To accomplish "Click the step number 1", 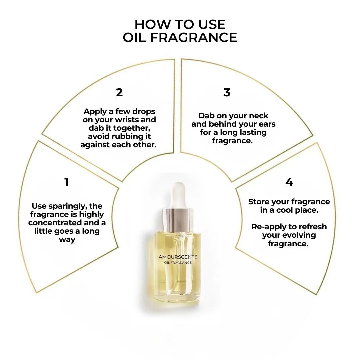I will click(x=67, y=182).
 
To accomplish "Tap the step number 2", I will click(x=119, y=92).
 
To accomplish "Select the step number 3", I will click(x=227, y=92).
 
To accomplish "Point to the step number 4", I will click(x=289, y=182).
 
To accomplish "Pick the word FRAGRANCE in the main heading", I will click(x=194, y=38).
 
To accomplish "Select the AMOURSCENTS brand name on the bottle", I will click(x=178, y=257).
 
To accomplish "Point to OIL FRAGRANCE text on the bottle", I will click(x=178, y=263).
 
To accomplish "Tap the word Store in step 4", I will click(x=259, y=202).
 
